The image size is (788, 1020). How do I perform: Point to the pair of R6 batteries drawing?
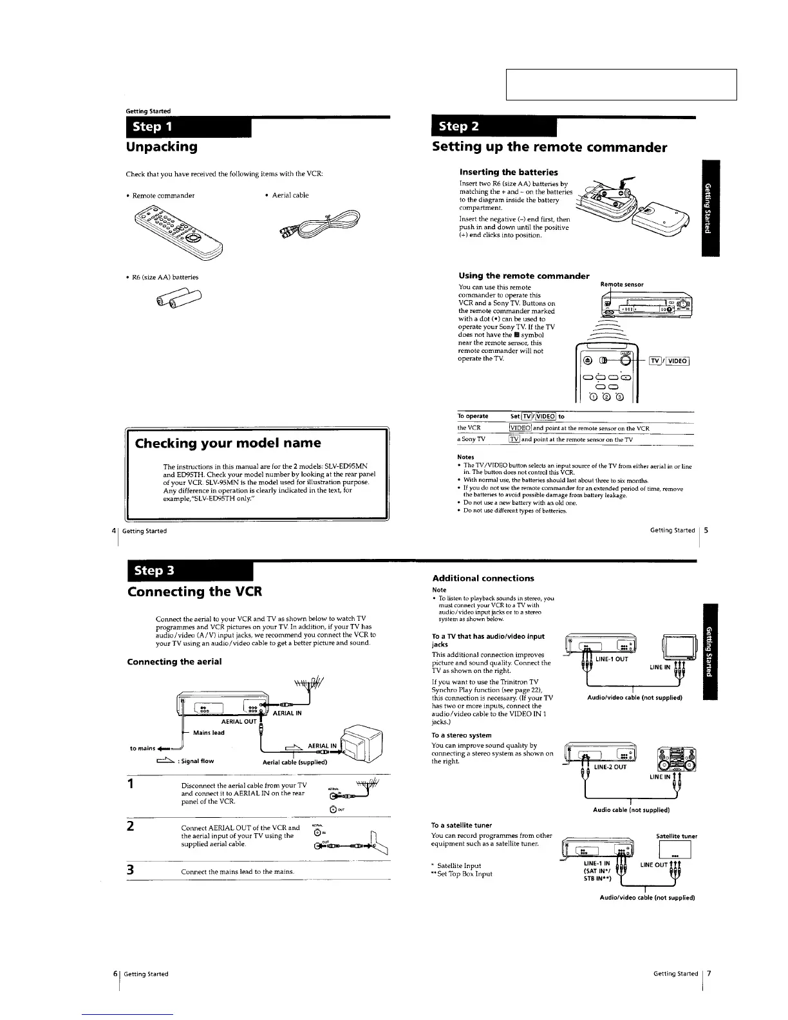pos(178,299)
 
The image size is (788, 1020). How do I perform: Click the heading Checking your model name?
pos(227,443)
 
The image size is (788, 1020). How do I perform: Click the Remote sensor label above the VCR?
pos(621,284)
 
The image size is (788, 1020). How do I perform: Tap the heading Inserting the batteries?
pos(509,172)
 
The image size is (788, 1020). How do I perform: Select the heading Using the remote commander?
pos(523,276)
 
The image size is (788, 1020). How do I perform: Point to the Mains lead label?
pos(209,732)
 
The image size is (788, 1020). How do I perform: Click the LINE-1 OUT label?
pos(612,659)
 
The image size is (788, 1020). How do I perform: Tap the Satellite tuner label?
pos(677,836)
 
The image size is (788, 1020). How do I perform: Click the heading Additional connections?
pos(483,578)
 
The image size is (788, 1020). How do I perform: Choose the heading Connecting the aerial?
pos(174,662)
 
